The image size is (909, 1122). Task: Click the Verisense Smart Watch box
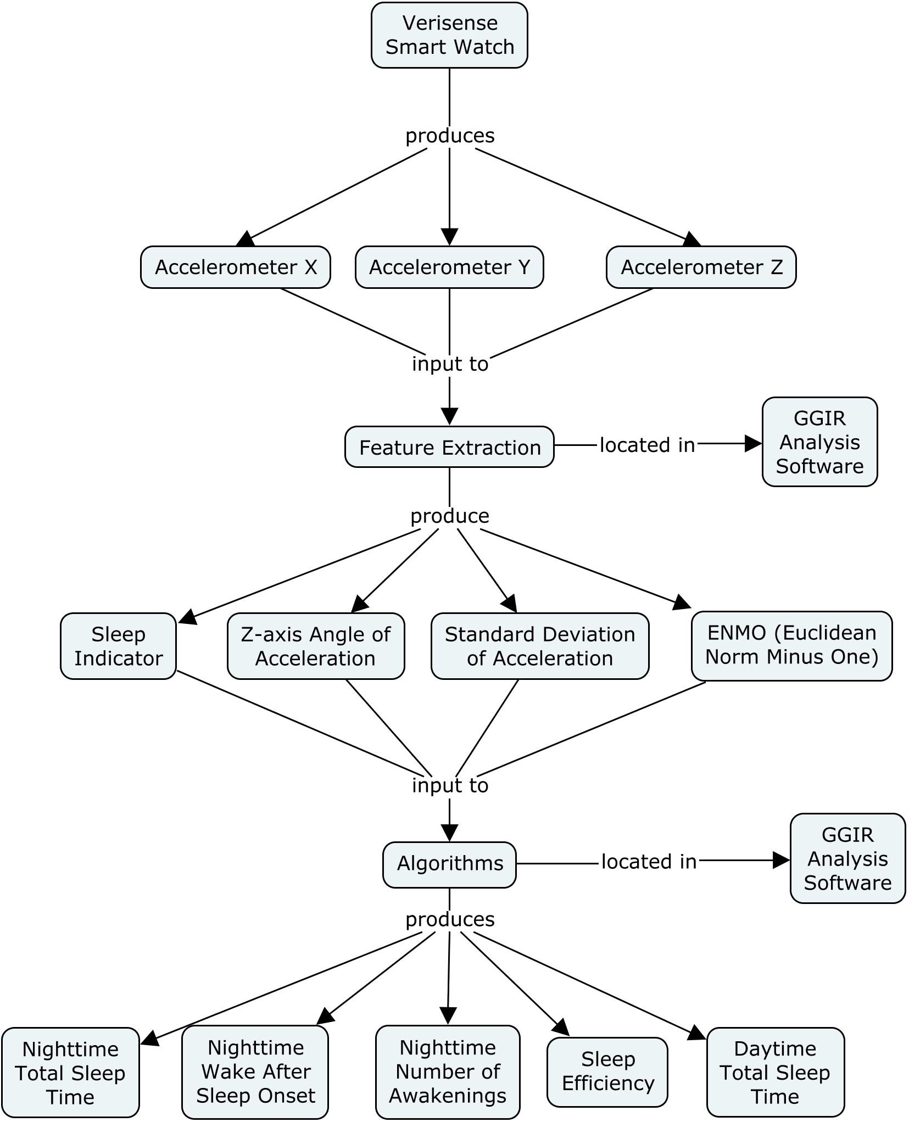point(449,35)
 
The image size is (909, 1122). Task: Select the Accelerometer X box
point(236,267)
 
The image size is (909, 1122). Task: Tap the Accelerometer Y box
point(449,267)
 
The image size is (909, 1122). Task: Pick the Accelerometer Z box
point(701,267)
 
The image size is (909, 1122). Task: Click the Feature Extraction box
point(449,447)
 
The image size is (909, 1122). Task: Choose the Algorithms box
point(449,863)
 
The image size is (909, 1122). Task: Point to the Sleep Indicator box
point(118,646)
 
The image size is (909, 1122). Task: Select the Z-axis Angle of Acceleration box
point(316,646)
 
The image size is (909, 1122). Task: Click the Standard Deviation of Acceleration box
point(540,646)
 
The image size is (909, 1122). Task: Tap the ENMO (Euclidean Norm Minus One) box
point(791,645)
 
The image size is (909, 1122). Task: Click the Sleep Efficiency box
point(607,1071)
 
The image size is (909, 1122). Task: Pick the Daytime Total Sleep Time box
point(774,1072)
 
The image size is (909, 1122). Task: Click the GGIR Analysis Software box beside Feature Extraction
point(819,442)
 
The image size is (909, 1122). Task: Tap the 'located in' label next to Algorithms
point(649,862)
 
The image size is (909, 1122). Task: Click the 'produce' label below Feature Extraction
point(449,516)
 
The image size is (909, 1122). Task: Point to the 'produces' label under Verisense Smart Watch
point(449,136)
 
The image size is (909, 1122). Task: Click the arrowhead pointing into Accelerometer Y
point(449,237)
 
